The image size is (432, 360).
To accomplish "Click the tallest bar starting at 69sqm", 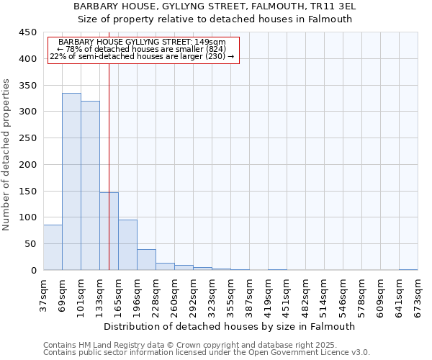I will click(71, 181).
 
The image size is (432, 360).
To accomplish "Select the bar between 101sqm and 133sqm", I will click(90, 186).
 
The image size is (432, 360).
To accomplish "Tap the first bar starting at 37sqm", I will click(53, 248).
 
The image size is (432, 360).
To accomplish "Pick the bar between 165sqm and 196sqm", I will click(127, 245).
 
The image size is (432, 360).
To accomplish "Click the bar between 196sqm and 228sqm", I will click(146, 260).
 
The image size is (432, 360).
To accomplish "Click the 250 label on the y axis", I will click(27, 138).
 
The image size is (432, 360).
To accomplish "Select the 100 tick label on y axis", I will click(27, 217).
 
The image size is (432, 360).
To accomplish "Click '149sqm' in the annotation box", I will click(214, 42).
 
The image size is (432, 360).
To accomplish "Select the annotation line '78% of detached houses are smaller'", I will click(143, 49).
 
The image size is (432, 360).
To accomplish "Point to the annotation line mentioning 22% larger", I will click(143, 56).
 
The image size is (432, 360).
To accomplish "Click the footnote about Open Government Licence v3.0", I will click(207, 353).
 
